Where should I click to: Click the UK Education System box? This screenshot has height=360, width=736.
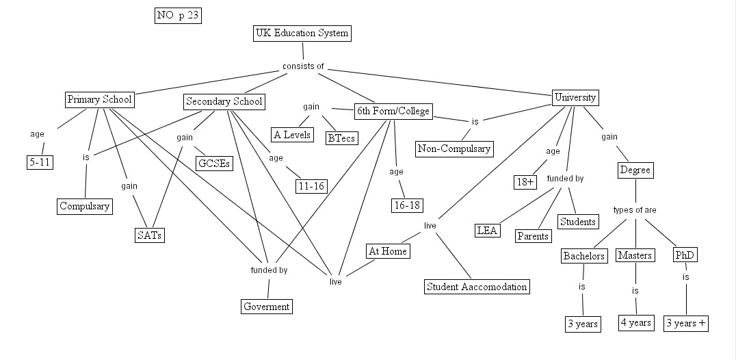click(x=302, y=33)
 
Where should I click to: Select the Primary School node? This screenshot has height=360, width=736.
click(x=99, y=100)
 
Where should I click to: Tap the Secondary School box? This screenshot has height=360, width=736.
click(x=224, y=102)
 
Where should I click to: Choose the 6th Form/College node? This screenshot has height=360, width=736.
click(x=393, y=111)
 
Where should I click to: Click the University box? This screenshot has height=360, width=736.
click(x=575, y=97)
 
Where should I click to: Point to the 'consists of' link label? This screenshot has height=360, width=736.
click(x=303, y=66)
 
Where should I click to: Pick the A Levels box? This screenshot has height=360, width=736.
click(x=292, y=134)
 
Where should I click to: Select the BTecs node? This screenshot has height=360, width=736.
click(x=341, y=137)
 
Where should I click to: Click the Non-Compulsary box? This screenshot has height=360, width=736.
click(x=454, y=147)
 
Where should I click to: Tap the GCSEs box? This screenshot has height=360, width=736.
click(x=214, y=164)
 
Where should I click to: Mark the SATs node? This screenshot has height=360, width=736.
click(x=150, y=235)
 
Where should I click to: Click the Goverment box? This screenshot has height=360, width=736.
click(x=267, y=306)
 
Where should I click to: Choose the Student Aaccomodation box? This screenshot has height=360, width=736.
click(x=477, y=286)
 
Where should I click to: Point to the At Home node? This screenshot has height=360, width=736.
click(x=388, y=251)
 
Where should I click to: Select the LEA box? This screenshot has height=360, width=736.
click(x=487, y=230)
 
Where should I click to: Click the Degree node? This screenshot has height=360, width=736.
click(x=635, y=169)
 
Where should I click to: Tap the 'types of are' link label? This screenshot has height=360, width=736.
click(x=635, y=210)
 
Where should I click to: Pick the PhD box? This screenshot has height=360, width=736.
click(x=685, y=255)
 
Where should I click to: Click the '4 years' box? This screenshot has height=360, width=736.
click(x=635, y=322)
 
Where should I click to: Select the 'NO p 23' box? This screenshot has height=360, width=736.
click(x=179, y=16)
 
